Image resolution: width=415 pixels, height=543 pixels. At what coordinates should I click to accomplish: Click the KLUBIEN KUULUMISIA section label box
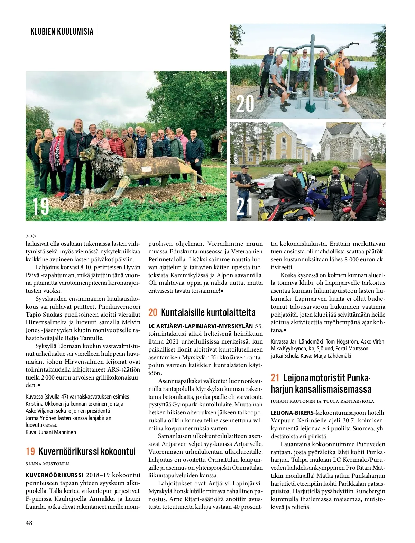[x=62, y=31]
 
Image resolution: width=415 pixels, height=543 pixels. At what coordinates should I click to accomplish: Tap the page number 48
[x=29, y=523]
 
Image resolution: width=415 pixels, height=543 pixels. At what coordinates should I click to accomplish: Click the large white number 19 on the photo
[x=41, y=206]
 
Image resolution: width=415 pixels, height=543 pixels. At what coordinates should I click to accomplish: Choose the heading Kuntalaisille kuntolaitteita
[x=208, y=312]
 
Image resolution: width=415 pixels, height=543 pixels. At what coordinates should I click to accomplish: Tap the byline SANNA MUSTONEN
[x=47, y=464]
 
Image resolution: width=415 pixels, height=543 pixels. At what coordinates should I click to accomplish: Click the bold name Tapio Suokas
[x=44, y=314]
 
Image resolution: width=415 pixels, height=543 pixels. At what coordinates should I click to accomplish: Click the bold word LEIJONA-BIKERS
[x=292, y=413]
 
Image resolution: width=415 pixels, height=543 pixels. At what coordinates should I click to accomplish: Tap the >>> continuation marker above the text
[x=31, y=236]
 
